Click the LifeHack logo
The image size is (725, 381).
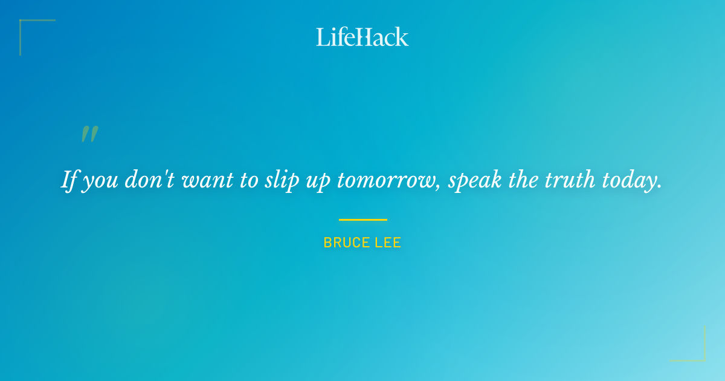pyautogui.click(x=362, y=37)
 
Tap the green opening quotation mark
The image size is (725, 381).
pyautogui.click(x=89, y=134)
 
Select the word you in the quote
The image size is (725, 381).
pyautogui.click(x=100, y=181)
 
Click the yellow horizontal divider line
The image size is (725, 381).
pyautogui.click(x=362, y=220)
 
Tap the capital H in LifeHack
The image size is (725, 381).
pyautogui.click(x=362, y=37)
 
